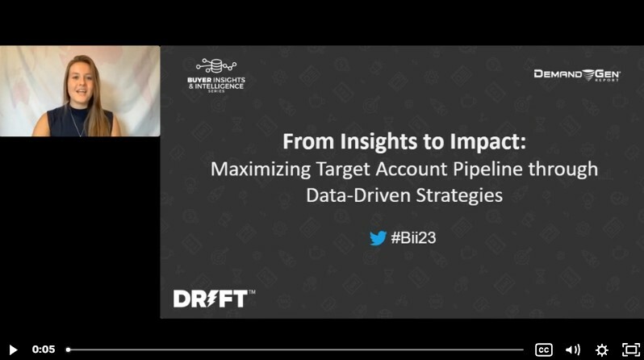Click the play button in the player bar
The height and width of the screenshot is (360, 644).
pyautogui.click(x=13, y=350)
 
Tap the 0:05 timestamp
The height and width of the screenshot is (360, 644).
pyautogui.click(x=44, y=350)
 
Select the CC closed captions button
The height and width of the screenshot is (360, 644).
pyautogui.click(x=544, y=350)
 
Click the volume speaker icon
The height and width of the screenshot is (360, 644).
pyautogui.click(x=573, y=350)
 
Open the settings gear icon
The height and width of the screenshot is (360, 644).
pyautogui.click(x=601, y=350)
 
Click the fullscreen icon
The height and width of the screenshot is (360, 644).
pyautogui.click(x=630, y=350)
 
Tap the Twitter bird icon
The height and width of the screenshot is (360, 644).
pyautogui.click(x=378, y=238)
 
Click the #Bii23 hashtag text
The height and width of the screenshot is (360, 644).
pyautogui.click(x=413, y=238)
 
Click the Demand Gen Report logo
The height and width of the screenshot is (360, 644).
pyautogui.click(x=576, y=74)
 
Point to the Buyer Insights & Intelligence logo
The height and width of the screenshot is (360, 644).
pyautogui.click(x=215, y=77)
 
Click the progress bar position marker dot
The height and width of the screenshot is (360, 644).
pyautogui.click(x=68, y=350)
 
